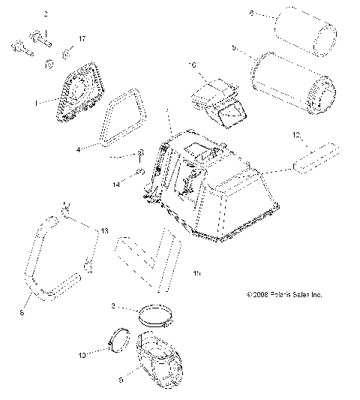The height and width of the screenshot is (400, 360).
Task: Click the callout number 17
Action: click(x=82, y=38)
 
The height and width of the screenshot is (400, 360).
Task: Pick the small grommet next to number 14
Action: click(x=140, y=173)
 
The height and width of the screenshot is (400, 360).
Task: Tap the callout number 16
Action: click(x=192, y=66)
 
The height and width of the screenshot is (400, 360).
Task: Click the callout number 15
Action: click(x=196, y=272)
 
